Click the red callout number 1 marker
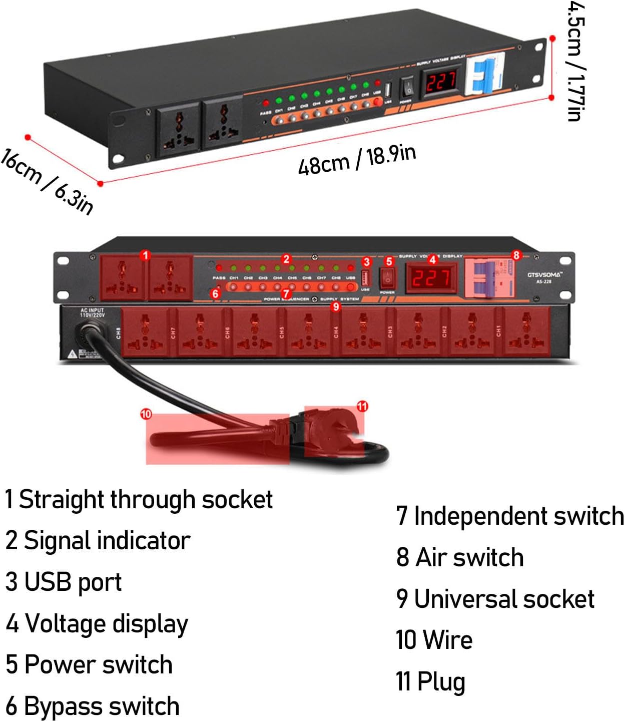[x=145, y=255]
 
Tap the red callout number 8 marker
[x=516, y=255]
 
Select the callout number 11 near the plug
[x=362, y=406]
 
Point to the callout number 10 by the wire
[x=146, y=414]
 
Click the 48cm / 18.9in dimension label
[x=357, y=160]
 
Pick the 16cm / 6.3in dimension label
[x=48, y=181]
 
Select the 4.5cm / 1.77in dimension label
[x=575, y=61]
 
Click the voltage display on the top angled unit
[x=441, y=81]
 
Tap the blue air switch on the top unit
[x=484, y=74]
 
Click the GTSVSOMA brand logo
[x=544, y=275]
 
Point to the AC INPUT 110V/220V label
[x=92, y=313]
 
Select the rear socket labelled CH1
[x=526, y=331]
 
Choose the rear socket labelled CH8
[x=146, y=331]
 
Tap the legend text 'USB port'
[x=64, y=582]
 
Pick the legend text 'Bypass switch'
[x=93, y=706]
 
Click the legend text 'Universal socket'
[x=495, y=599]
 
